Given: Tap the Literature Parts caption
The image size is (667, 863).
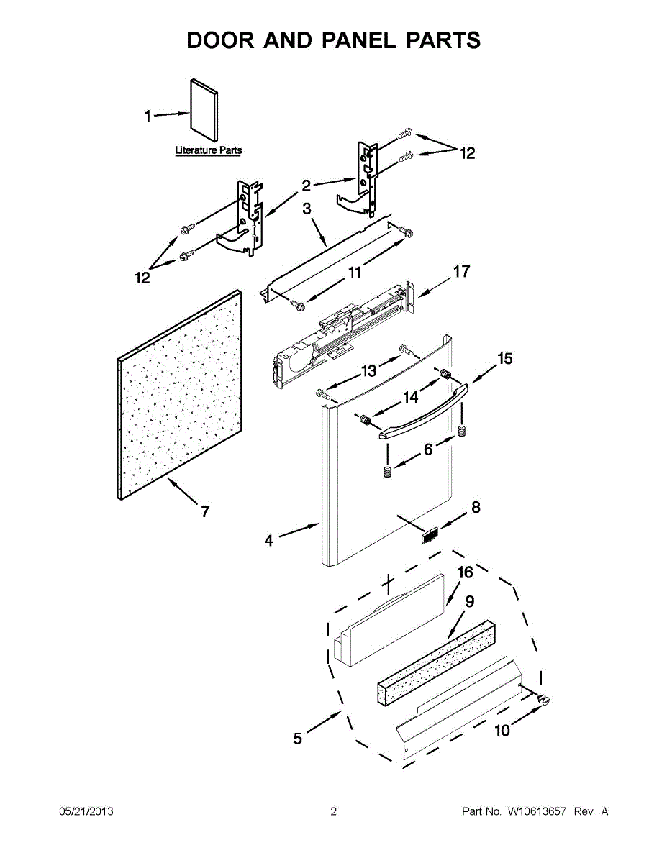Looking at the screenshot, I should (x=209, y=151).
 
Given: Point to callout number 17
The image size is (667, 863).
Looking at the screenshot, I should (x=460, y=272).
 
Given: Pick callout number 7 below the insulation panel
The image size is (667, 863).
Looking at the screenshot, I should (x=205, y=512).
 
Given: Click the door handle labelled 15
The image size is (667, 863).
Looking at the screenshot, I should (x=423, y=411).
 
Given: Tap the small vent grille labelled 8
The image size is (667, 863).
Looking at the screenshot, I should (x=430, y=536).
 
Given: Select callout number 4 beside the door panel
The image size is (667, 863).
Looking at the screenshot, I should (x=268, y=541).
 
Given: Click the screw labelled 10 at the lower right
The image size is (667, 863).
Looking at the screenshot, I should (x=543, y=698).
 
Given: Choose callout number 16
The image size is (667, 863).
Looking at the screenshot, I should (x=466, y=572).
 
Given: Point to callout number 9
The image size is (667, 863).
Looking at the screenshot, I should (x=469, y=602).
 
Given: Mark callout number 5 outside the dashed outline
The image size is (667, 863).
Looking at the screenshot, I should (x=298, y=738).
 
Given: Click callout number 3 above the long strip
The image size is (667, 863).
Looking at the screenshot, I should (x=307, y=209).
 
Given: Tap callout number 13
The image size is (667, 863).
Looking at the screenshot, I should (x=369, y=371).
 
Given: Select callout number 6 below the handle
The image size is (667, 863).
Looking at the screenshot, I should (x=428, y=449).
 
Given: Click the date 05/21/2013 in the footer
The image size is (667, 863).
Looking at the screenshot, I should (x=86, y=812).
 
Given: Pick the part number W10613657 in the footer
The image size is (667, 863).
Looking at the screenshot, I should (x=537, y=812).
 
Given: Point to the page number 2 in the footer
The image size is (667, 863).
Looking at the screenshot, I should (x=333, y=812).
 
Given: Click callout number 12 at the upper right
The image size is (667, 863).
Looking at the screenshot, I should (x=468, y=153).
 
